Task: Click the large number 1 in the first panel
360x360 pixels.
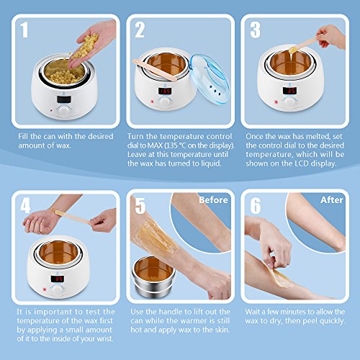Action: coord(24,30)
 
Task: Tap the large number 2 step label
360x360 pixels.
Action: coord(140,30)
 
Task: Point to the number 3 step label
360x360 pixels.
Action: coord(255,30)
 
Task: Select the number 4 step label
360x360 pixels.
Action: coord(25,206)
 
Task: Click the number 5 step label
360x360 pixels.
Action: coord(140,206)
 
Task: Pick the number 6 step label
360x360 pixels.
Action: coord(256,206)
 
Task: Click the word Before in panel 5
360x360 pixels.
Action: coord(213,200)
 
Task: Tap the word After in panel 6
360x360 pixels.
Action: coord(331,200)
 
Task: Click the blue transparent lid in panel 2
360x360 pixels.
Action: coord(209,78)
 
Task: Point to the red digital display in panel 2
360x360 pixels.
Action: coord(165,91)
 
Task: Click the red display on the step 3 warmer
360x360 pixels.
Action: coord(289,91)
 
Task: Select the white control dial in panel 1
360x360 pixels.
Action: coord(63,111)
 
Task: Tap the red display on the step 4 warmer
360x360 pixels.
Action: coord(57,279)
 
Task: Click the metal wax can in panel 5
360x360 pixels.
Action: coord(153,276)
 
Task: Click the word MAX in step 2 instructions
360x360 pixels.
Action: coord(156,145)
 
